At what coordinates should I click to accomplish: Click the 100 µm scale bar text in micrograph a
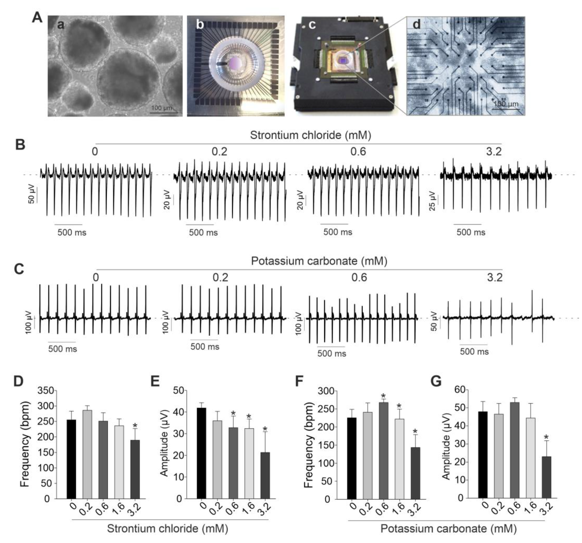tap(162, 108)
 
